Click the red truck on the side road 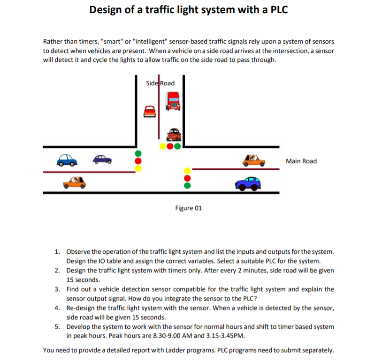click(172, 101)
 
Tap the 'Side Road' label click(160, 83)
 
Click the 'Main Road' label click(301, 161)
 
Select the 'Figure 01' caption click(188, 208)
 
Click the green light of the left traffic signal click(138, 153)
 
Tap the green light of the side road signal click(177, 146)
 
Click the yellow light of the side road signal click(163, 146)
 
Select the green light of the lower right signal click(187, 185)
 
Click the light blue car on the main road click(67, 160)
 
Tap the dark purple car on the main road click(103, 159)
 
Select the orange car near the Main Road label click(253, 161)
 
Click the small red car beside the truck click(150, 111)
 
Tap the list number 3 click(56, 289)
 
